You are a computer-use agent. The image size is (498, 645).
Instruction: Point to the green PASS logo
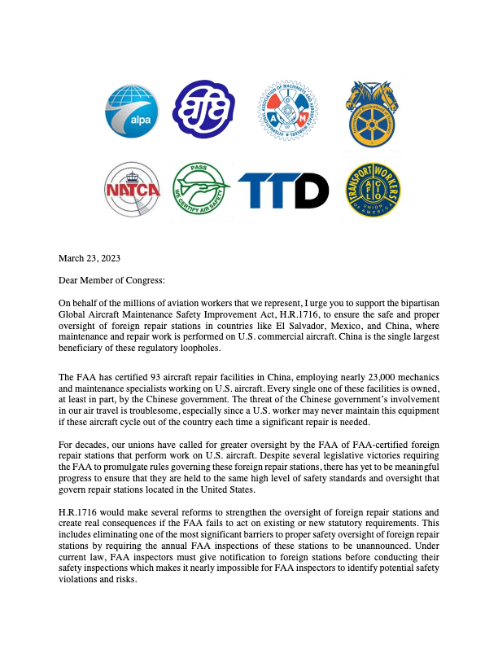pos(202,189)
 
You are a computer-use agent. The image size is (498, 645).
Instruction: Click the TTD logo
pos(283,191)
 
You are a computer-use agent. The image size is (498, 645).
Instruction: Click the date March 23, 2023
pos(90,259)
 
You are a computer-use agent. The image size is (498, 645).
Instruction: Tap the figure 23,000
pos(351,378)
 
